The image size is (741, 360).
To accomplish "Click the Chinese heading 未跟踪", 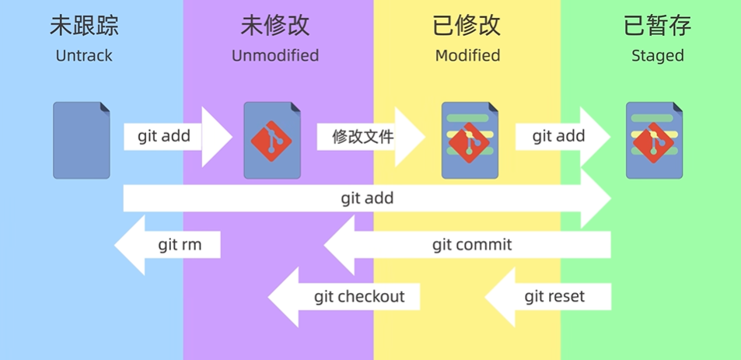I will (84, 26).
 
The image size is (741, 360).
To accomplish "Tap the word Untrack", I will (84, 56).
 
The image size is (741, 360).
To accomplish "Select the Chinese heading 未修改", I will (275, 26).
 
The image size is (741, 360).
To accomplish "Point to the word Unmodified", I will (275, 56).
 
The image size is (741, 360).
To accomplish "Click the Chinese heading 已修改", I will (467, 26).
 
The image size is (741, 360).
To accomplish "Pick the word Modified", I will (467, 56).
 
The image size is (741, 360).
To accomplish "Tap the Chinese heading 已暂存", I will (658, 26).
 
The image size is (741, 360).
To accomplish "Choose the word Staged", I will (658, 56).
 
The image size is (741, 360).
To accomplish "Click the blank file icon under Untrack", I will (82, 140).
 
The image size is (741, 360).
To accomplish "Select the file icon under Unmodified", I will (272, 140).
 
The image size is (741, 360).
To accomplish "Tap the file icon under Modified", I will (470, 140).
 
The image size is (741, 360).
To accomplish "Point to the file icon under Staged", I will (655, 140).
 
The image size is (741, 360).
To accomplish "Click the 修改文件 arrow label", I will (363, 137).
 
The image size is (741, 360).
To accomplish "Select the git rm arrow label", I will (180, 245).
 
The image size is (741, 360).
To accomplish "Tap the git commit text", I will (472, 245).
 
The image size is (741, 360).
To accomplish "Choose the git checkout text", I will (359, 296).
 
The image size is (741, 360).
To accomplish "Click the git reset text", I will (554, 296).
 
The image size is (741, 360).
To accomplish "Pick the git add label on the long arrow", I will (367, 198).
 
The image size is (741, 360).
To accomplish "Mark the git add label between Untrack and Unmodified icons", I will (163, 136).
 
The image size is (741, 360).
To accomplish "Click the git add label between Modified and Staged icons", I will (558, 136).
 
